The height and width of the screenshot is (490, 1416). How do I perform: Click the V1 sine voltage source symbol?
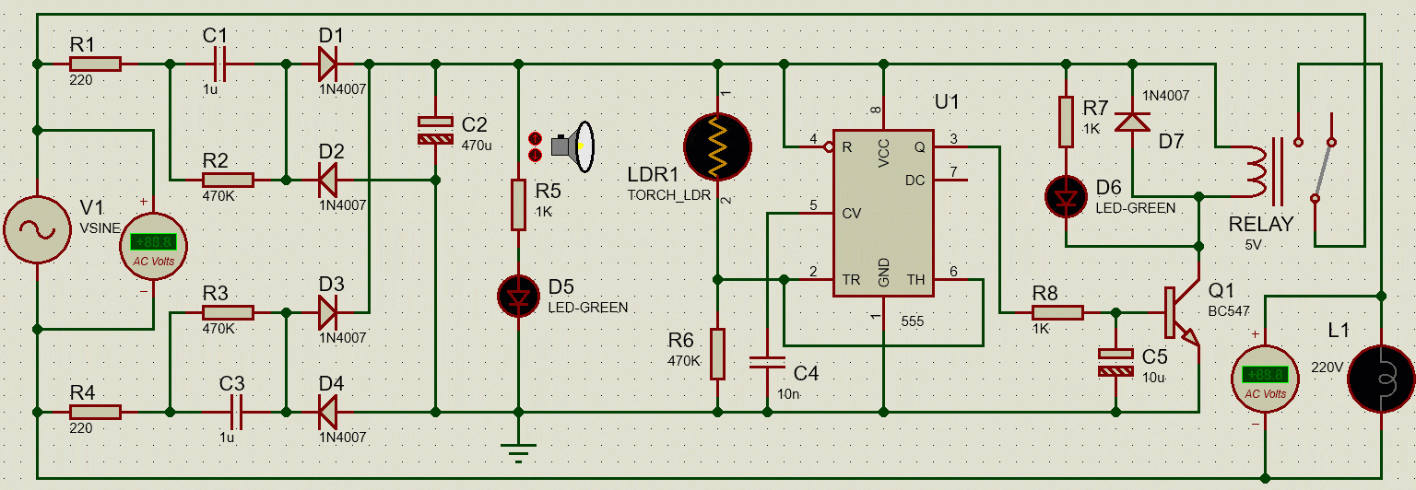coord(37,229)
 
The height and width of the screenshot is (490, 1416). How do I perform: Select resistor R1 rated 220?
coord(95,64)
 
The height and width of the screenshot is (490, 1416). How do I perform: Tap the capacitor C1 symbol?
coord(220,64)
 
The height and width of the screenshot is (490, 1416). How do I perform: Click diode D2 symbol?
coord(327,180)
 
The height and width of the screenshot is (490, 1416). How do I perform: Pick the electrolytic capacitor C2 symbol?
coord(435,130)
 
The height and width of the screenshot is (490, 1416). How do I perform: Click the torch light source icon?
coord(572,146)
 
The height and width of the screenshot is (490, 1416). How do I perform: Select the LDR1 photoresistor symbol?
coord(717,146)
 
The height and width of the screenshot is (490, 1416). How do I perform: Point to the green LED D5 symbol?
coord(518,297)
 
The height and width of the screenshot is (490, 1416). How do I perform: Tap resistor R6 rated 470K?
coord(717,354)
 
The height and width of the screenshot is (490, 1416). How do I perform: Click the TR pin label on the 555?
coord(851,280)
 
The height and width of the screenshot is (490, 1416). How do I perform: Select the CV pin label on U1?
coord(852,214)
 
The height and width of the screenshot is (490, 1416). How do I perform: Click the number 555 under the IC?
coord(912,321)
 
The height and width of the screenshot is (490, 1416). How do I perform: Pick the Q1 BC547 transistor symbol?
coord(1180,312)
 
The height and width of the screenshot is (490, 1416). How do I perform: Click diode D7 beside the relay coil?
coord(1132,122)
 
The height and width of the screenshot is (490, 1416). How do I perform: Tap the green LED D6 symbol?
coord(1066,196)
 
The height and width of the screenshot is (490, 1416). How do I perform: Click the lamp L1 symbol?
coord(1381,379)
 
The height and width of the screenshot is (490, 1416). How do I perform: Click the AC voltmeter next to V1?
coord(154,246)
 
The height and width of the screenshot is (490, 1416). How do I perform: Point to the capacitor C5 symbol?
coord(1115,363)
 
